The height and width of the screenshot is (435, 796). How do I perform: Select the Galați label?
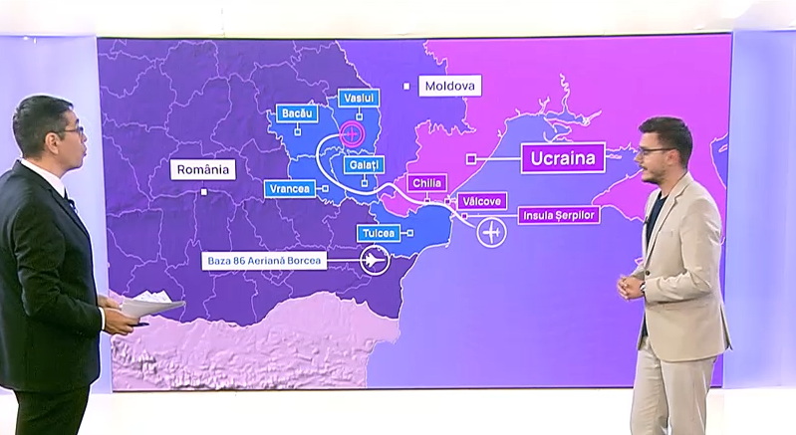point(361,163)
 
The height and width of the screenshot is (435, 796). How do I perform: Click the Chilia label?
point(426,183)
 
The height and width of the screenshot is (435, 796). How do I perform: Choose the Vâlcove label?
point(480,200)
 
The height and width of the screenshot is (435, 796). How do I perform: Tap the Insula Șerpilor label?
point(558,215)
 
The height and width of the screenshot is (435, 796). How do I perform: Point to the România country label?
point(203,169)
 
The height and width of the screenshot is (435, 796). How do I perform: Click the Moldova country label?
point(449,87)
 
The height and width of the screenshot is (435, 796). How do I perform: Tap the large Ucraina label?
point(564,157)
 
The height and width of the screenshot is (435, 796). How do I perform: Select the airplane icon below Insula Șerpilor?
point(491,233)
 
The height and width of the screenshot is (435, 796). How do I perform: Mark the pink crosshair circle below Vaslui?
point(352,131)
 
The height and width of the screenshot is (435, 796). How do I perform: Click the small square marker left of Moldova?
point(406,87)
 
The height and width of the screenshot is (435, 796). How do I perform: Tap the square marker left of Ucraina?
point(471,157)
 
